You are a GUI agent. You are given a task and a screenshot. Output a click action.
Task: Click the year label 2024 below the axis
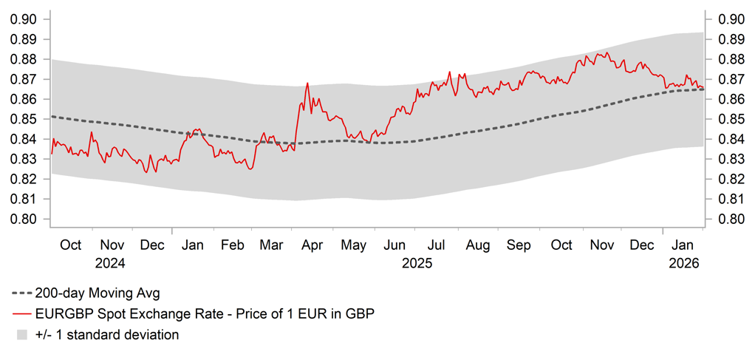pos(111,262)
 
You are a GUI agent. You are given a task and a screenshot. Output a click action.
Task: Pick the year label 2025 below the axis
pos(416,262)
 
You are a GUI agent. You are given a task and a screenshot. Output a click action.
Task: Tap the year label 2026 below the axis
pos(683,262)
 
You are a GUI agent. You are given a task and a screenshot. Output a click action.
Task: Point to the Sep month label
pos(519,245)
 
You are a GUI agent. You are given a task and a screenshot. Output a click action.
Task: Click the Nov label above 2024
pos(112,245)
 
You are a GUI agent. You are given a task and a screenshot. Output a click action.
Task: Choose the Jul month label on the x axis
pos(437,245)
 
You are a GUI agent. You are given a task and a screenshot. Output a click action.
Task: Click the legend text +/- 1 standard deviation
pos(107,335)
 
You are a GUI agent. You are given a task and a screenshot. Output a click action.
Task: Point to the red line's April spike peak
pos(307,83)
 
